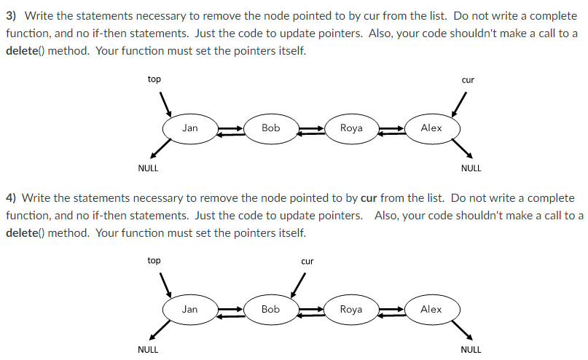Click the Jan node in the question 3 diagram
pyautogui.click(x=189, y=128)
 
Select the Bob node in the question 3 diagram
pyautogui.click(x=270, y=128)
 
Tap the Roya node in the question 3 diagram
pyautogui.click(x=351, y=128)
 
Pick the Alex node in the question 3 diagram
pyautogui.click(x=431, y=128)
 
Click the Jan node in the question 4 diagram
pyautogui.click(x=189, y=310)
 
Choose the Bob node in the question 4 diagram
pyautogui.click(x=270, y=310)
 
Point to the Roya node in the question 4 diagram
pyautogui.click(x=351, y=310)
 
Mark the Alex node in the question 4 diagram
pyautogui.click(x=431, y=310)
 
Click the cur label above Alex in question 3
pyautogui.click(x=468, y=79)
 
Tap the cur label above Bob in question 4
pyautogui.click(x=307, y=261)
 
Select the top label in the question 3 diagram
pyautogui.click(x=154, y=79)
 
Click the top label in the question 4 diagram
pyautogui.click(x=154, y=260)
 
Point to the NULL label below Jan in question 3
pyautogui.click(x=148, y=168)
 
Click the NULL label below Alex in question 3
pyautogui.click(x=471, y=168)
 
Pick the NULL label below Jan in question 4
pyautogui.click(x=148, y=350)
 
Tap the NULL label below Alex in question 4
pyautogui.click(x=471, y=350)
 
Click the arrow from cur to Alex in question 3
pyautogui.click(x=459, y=104)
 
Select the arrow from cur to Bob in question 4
pyautogui.click(x=299, y=285)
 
